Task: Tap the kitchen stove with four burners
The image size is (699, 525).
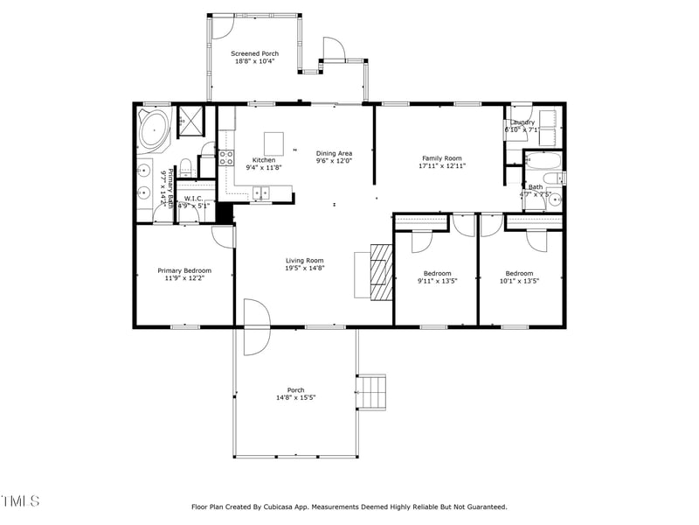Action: coord(225,157)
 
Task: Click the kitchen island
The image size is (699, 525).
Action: coord(274,143)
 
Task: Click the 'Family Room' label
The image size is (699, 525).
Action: coord(441,158)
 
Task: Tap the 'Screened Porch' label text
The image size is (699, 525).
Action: coord(254,54)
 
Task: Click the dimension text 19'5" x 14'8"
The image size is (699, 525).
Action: coord(304,269)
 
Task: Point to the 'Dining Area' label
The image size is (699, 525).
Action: coord(333,153)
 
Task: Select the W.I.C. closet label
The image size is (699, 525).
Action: coord(192,199)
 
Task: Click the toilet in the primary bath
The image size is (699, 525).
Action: coord(185,168)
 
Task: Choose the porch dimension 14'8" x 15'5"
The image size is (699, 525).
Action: coord(295,397)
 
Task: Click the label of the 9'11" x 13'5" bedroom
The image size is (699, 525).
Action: coord(437,273)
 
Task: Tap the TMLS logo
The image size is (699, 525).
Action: coord(21,501)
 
